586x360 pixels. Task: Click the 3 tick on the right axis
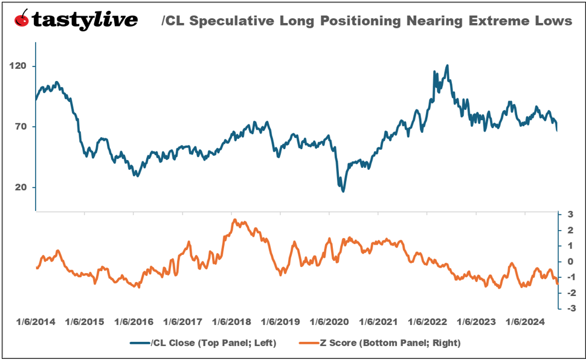570,214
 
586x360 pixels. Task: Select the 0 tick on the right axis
570,262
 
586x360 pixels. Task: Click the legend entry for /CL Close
202,343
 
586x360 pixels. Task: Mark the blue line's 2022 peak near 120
447,65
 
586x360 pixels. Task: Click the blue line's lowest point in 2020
344,191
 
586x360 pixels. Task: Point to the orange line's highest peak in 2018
234,220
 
